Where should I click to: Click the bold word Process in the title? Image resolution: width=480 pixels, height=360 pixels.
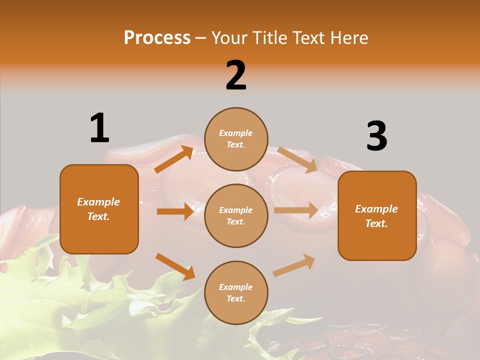(157, 38)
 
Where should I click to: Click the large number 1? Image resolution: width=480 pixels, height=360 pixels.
(99, 128)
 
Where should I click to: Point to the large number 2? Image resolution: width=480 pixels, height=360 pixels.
(236, 75)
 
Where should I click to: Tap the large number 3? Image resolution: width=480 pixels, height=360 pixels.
(376, 136)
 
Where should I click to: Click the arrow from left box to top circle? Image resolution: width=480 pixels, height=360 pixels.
(174, 159)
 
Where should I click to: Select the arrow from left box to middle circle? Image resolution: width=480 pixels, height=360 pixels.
(175, 211)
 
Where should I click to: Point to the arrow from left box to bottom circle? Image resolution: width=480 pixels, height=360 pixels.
(175, 266)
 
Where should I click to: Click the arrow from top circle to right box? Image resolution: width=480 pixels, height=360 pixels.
(297, 159)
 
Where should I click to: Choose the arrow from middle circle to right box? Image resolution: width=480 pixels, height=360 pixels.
(295, 210)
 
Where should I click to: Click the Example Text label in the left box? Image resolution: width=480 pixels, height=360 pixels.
(98, 209)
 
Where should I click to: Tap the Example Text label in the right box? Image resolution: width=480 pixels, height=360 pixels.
(376, 216)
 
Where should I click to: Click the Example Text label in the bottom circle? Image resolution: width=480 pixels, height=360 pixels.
(236, 292)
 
